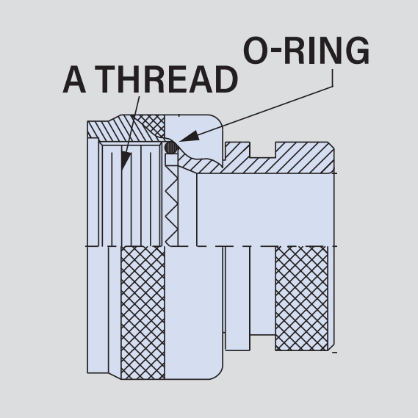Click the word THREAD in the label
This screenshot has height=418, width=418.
(x=166, y=79)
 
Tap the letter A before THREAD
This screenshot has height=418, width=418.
(x=74, y=79)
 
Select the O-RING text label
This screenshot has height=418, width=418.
(x=306, y=51)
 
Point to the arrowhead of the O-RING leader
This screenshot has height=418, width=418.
(x=190, y=136)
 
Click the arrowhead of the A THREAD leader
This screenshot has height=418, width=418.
(x=126, y=161)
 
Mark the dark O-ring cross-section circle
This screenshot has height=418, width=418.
(x=171, y=148)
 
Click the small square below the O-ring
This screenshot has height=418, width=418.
(x=171, y=159)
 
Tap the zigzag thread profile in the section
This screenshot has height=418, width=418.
(x=172, y=206)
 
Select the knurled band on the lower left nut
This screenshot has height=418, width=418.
(x=143, y=312)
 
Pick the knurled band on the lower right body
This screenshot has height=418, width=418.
(x=302, y=298)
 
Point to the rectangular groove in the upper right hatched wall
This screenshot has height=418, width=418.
(x=262, y=150)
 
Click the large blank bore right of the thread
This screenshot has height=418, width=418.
(x=265, y=209)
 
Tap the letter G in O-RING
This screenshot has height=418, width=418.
(x=356, y=51)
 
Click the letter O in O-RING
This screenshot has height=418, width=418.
(x=255, y=51)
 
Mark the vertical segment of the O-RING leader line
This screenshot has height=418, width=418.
(x=333, y=78)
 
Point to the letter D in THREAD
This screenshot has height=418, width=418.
(x=226, y=79)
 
